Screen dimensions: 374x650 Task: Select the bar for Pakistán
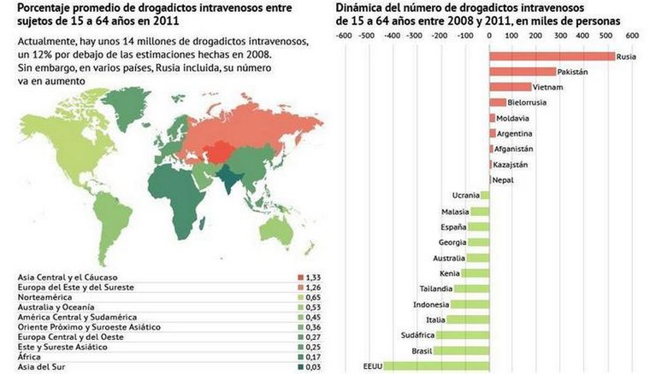pyautogui.click(x=522, y=72)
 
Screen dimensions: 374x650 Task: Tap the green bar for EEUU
pyautogui.click(x=436, y=365)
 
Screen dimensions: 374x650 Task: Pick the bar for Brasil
pyautogui.click(x=463, y=350)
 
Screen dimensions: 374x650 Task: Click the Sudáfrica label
pyautogui.click(x=417, y=335)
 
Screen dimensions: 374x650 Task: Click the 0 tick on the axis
pyautogui.click(x=488, y=36)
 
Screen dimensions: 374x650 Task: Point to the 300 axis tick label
pyautogui.click(x=560, y=36)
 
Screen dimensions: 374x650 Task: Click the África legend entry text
pyautogui.click(x=30, y=357)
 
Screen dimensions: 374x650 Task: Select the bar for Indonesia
pyautogui.click(x=470, y=304)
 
